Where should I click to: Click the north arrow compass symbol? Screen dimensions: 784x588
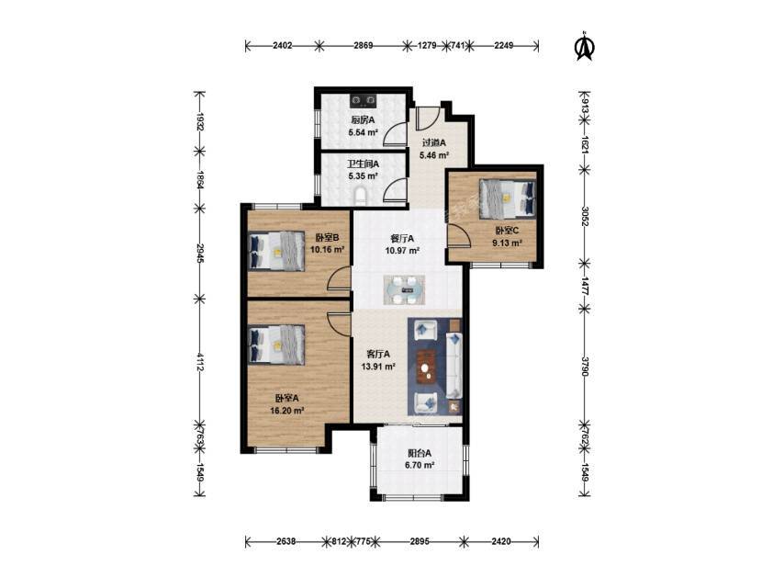pos(584,47)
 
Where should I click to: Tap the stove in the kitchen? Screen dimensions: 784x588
pos(363,102)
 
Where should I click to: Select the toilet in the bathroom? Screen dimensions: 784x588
pos(361,197)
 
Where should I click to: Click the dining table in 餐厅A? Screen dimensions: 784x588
pos(405,289)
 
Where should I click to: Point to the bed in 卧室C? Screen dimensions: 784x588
pos(507,199)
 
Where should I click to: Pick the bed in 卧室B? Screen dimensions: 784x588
pos(276,251)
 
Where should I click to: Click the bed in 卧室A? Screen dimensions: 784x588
pos(276,345)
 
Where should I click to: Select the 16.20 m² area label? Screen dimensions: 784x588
pos(287,411)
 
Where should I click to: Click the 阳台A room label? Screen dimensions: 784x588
pos(420,453)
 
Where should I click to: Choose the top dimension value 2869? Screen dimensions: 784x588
pos(364,46)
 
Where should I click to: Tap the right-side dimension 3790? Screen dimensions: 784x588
pos(585,367)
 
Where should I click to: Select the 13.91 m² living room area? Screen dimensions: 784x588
pos(378,367)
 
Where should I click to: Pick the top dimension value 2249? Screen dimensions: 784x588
pos(503,46)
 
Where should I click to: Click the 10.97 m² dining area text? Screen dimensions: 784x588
pos(402,251)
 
